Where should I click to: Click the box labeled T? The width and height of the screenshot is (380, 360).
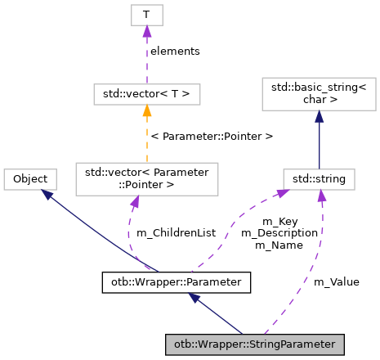pyautogui.click(x=146, y=14)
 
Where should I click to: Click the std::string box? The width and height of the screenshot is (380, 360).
pyautogui.click(x=318, y=178)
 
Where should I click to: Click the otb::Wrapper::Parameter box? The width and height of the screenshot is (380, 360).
pyautogui.click(x=176, y=282)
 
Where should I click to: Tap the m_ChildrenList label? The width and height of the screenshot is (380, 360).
pyautogui.click(x=176, y=233)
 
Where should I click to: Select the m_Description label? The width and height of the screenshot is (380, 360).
pyautogui.click(x=278, y=233)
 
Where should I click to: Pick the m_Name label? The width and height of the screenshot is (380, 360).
pyautogui.click(x=278, y=245)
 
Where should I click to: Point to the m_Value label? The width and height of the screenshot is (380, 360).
pyautogui.click(x=337, y=281)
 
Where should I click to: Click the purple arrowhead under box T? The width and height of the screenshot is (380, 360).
pyautogui.click(x=146, y=31)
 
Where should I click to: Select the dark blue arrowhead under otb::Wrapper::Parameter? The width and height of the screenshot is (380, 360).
pyautogui.click(x=194, y=299)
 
